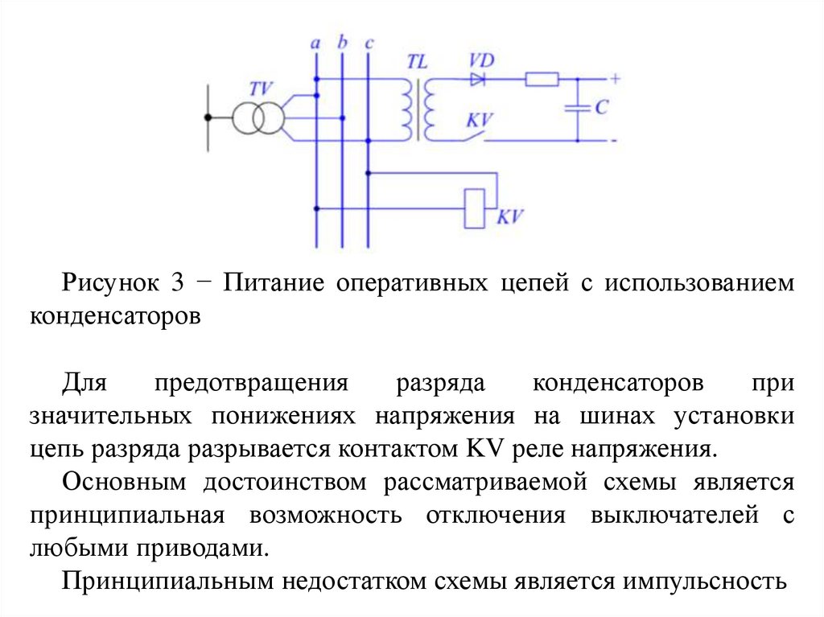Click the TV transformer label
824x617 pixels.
point(261,89)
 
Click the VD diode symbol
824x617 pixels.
point(478,79)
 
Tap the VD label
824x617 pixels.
point(481,60)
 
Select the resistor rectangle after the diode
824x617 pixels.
point(542,79)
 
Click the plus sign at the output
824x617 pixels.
point(616,79)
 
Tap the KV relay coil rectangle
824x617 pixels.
point(476,208)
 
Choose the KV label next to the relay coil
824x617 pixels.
point(510,216)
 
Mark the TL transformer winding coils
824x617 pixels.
point(418,109)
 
